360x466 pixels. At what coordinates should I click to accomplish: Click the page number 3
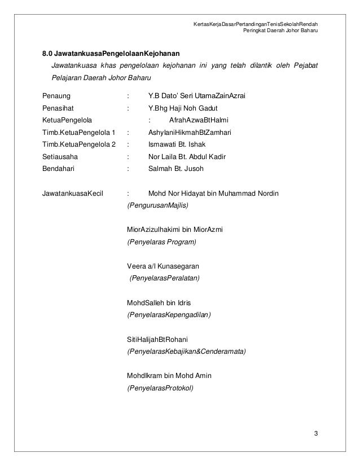317,433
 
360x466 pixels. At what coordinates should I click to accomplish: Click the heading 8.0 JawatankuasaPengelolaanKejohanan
111,54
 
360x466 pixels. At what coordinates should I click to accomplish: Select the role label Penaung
56,96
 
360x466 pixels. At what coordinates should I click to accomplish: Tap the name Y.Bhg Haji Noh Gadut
183,108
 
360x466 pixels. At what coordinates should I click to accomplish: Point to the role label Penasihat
58,108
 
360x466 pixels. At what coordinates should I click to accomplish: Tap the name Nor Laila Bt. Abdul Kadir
187,156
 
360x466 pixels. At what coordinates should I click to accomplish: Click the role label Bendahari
59,168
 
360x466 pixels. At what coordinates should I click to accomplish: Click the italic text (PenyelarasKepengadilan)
169,314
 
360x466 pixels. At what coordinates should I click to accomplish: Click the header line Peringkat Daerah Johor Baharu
280,30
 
